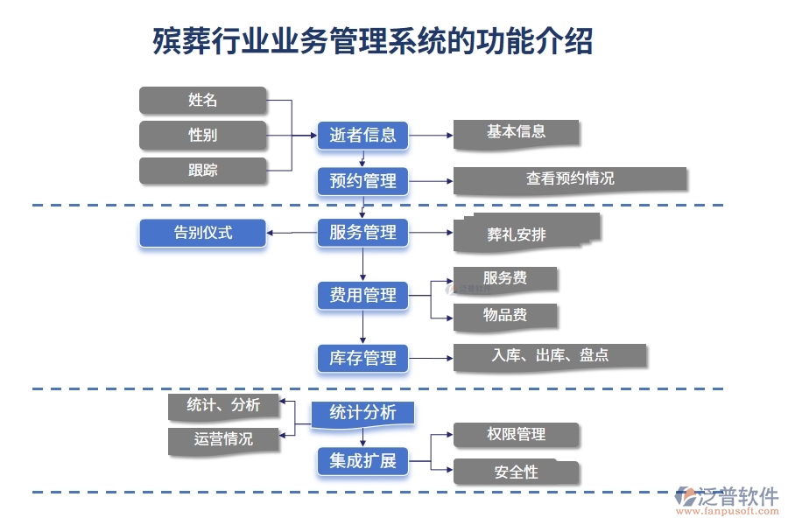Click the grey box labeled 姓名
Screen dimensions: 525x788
(202, 100)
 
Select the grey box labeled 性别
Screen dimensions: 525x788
(202, 135)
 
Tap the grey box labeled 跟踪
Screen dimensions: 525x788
(202, 170)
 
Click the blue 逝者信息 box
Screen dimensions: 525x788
(362, 135)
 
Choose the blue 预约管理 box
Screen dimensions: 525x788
(362, 181)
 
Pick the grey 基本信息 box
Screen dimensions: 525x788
(517, 132)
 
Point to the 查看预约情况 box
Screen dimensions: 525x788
(570, 179)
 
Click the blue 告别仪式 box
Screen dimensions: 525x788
(202, 233)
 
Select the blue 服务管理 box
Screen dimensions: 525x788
(362, 233)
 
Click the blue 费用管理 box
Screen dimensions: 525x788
(362, 296)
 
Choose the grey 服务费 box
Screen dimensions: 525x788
(505, 279)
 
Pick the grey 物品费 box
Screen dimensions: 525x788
(505, 316)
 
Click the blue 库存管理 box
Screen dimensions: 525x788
(362, 358)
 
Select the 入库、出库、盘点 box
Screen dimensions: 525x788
(551, 356)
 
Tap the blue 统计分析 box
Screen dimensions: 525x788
(362, 412)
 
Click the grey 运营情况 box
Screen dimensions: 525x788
(224, 439)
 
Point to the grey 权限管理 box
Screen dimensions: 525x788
(516, 435)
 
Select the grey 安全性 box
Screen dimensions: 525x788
(516, 472)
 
